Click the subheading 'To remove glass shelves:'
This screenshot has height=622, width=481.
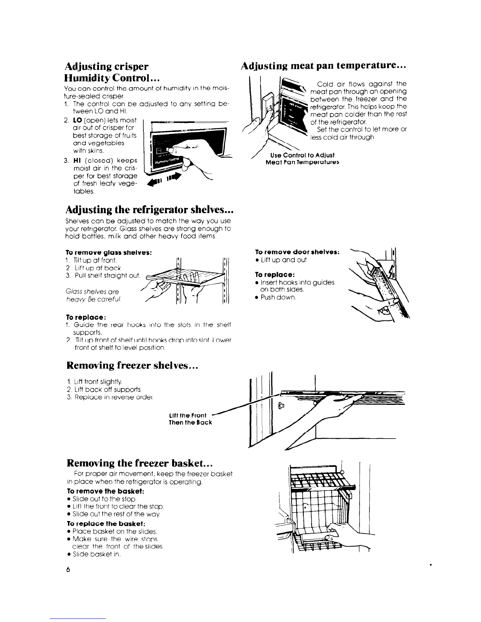point(108,252)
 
